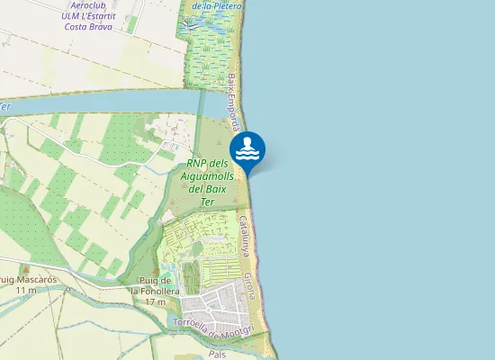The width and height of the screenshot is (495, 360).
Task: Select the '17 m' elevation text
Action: click(156, 301)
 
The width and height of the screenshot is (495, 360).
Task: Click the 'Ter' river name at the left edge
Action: click(5, 107)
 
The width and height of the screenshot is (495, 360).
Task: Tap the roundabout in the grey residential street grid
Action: click(208, 310)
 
